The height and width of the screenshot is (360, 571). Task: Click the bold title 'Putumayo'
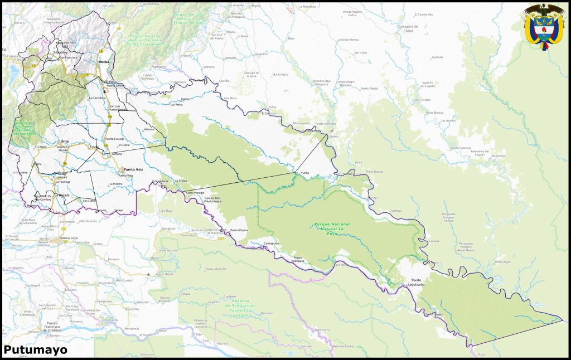(36, 350)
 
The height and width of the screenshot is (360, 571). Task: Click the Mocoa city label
(104, 61)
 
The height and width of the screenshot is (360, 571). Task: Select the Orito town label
(65, 142)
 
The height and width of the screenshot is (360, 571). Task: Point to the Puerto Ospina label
(239, 230)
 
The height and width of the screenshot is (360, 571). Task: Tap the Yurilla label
(305, 173)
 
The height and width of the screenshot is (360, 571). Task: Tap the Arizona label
(149, 129)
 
